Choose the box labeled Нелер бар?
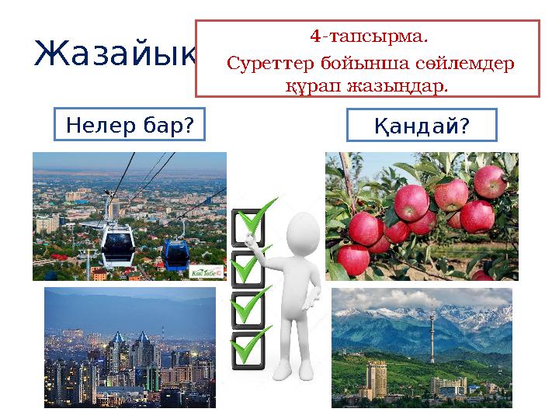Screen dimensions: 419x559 [x=130, y=124]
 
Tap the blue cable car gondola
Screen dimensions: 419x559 [x=175, y=250]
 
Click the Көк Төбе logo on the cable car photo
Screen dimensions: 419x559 [x=206, y=272]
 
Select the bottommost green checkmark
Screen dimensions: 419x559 [x=252, y=345]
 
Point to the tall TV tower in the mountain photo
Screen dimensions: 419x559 [x=430, y=334]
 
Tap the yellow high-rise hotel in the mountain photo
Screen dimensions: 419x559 [x=377, y=376]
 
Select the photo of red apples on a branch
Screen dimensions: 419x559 [x=422, y=216]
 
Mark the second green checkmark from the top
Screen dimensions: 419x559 [x=252, y=264]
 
